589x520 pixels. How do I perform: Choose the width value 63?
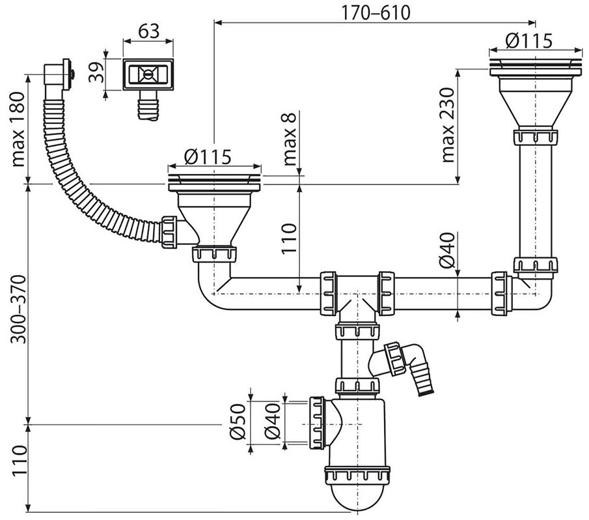(148, 30)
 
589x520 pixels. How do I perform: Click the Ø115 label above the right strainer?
(528, 40)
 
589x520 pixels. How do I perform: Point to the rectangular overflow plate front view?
(149, 75)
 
